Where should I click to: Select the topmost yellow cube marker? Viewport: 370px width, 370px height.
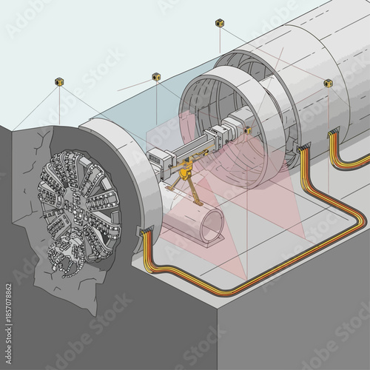coord(220,24)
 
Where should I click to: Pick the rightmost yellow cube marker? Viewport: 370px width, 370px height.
coord(328,84)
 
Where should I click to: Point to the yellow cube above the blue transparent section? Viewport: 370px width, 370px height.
coord(157,76)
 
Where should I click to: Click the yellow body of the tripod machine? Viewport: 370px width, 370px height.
coord(184,172)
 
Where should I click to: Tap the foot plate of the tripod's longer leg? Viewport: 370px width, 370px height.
coord(201,206)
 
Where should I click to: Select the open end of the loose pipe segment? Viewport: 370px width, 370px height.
coord(213,221)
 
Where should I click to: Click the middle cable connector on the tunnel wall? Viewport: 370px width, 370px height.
coord(302,150)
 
